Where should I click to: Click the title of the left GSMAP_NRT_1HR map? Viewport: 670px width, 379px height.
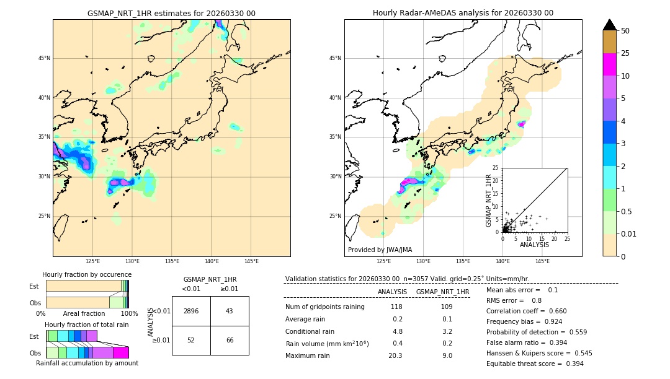pyautogui.click(x=171, y=13)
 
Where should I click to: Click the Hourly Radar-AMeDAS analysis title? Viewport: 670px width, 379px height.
pyautogui.click(x=463, y=13)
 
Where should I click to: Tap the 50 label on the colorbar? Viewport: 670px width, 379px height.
pyautogui.click(x=625, y=31)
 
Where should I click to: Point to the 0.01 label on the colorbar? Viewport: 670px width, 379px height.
pyautogui.click(x=629, y=233)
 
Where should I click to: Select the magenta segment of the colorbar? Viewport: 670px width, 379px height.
pyautogui.click(x=610, y=64)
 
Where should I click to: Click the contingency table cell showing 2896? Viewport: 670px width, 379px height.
pyautogui.click(x=191, y=311)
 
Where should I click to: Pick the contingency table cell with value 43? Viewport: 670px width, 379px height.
pyautogui.click(x=230, y=311)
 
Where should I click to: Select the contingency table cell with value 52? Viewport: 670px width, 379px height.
pyautogui.click(x=191, y=341)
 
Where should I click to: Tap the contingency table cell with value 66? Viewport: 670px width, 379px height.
pyautogui.click(x=230, y=341)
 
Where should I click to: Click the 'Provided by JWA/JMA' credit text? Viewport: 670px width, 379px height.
pyautogui.click(x=380, y=250)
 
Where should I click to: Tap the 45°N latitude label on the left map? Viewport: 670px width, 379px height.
pyautogui.click(x=44, y=58)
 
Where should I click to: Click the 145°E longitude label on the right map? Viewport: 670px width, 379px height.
pyautogui.click(x=542, y=261)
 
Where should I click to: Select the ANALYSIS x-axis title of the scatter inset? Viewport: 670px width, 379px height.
pyautogui.click(x=534, y=245)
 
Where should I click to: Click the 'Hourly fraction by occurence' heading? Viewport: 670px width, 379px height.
pyautogui.click(x=87, y=274)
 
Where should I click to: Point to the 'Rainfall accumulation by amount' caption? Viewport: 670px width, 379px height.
pyautogui.click(x=87, y=363)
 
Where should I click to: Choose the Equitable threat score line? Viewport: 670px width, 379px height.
pyautogui.click(x=535, y=364)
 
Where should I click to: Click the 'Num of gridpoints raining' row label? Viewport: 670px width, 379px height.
pyautogui.click(x=325, y=307)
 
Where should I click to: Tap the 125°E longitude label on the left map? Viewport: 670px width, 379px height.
pyautogui.click(x=92, y=261)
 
